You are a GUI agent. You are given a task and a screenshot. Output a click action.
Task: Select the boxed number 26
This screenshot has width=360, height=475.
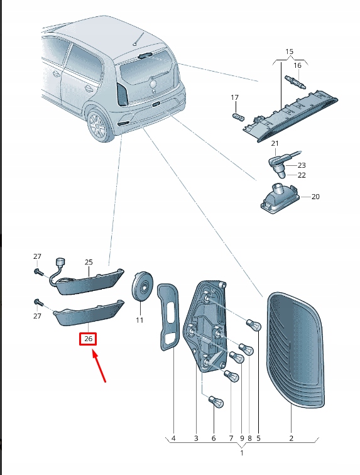tap(88, 339)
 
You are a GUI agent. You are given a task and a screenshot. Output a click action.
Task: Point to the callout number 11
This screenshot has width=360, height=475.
tap(139, 320)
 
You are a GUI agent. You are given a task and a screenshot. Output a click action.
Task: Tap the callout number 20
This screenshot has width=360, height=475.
tap(315, 197)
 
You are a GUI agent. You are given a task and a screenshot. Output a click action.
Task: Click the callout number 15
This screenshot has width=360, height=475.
tap(289, 50)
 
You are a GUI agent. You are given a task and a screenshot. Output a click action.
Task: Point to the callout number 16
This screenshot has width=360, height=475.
tap(297, 65)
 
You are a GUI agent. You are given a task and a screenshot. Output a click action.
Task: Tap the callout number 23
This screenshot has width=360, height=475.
tap(302, 165)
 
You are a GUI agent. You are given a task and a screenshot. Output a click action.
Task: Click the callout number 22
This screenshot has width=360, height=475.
tap(302, 175)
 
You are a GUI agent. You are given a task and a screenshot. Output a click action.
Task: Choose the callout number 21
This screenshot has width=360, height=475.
tap(275, 144)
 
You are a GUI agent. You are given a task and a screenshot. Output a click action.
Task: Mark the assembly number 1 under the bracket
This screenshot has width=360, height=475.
tap(243, 452)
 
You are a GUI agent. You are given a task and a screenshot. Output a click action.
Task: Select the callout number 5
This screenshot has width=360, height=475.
tap(258, 438)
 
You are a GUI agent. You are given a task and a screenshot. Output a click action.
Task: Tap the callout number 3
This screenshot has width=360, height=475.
tap(195, 438)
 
